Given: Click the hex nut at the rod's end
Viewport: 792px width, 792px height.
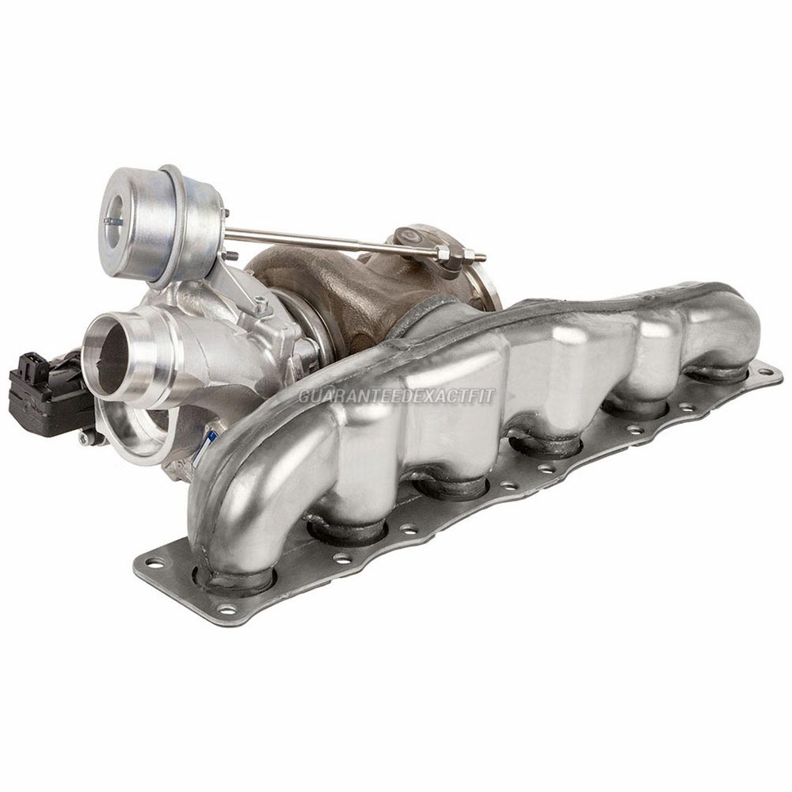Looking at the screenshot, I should tap(444, 253).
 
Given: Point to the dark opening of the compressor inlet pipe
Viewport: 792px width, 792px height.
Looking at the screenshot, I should tap(111, 360).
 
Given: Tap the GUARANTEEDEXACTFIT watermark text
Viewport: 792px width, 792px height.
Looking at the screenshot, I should tap(396, 395).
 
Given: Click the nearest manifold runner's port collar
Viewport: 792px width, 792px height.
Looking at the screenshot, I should tap(234, 577).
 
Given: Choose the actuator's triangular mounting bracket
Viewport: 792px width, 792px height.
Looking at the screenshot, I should tap(238, 285).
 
